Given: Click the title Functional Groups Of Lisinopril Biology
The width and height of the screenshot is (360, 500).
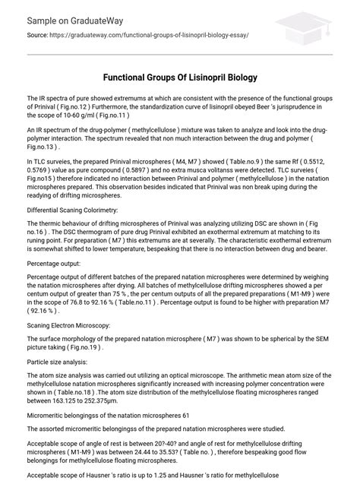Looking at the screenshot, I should (x=180, y=78).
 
